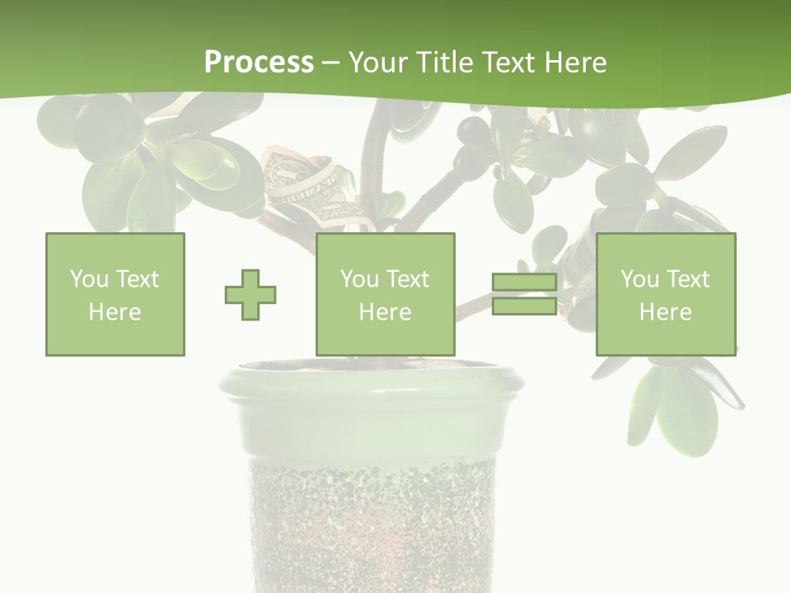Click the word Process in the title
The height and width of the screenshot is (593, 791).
(259, 62)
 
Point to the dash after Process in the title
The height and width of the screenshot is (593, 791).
(331, 63)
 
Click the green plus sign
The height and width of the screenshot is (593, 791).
(250, 294)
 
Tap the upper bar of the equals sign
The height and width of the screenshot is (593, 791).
(524, 282)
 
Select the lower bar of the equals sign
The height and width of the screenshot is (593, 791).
(524, 306)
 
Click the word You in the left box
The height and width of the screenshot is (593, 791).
(89, 279)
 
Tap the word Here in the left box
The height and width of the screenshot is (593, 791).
(115, 312)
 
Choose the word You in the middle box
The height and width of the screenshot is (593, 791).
(359, 279)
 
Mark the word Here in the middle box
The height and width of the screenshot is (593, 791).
(385, 312)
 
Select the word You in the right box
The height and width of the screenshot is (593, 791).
(639, 279)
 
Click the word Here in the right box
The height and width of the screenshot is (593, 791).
(665, 312)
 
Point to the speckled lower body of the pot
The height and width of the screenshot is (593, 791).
(371, 519)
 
